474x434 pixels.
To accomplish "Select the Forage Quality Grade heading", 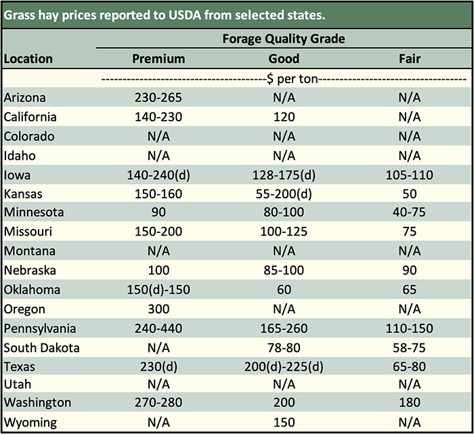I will click(x=284, y=39).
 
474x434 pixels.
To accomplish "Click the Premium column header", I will click(x=158, y=59).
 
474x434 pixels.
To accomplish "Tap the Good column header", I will click(x=284, y=59).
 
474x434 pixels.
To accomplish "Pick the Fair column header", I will click(x=410, y=59).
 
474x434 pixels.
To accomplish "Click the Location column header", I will click(x=28, y=59).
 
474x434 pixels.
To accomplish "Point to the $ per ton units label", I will click(x=284, y=79).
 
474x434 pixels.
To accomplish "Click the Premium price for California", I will click(x=158, y=117).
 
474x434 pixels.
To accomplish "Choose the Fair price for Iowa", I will click(x=410, y=175).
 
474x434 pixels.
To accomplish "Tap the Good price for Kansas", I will click(x=284, y=194).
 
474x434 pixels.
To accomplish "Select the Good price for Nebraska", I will click(x=284, y=271).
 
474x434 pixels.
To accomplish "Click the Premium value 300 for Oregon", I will click(x=158, y=309).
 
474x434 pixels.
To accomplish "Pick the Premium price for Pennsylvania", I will click(x=158, y=329).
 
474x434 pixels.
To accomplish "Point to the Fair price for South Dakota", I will click(x=410, y=348).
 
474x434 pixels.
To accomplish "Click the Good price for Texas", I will click(x=284, y=368).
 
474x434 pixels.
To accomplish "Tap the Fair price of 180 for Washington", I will click(x=410, y=403).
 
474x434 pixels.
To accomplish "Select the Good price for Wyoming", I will click(x=284, y=422).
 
